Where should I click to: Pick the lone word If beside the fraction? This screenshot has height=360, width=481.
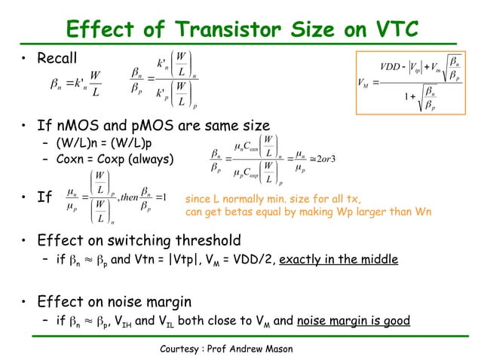coord(44,198)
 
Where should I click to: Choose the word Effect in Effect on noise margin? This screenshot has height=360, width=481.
coord(61,303)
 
